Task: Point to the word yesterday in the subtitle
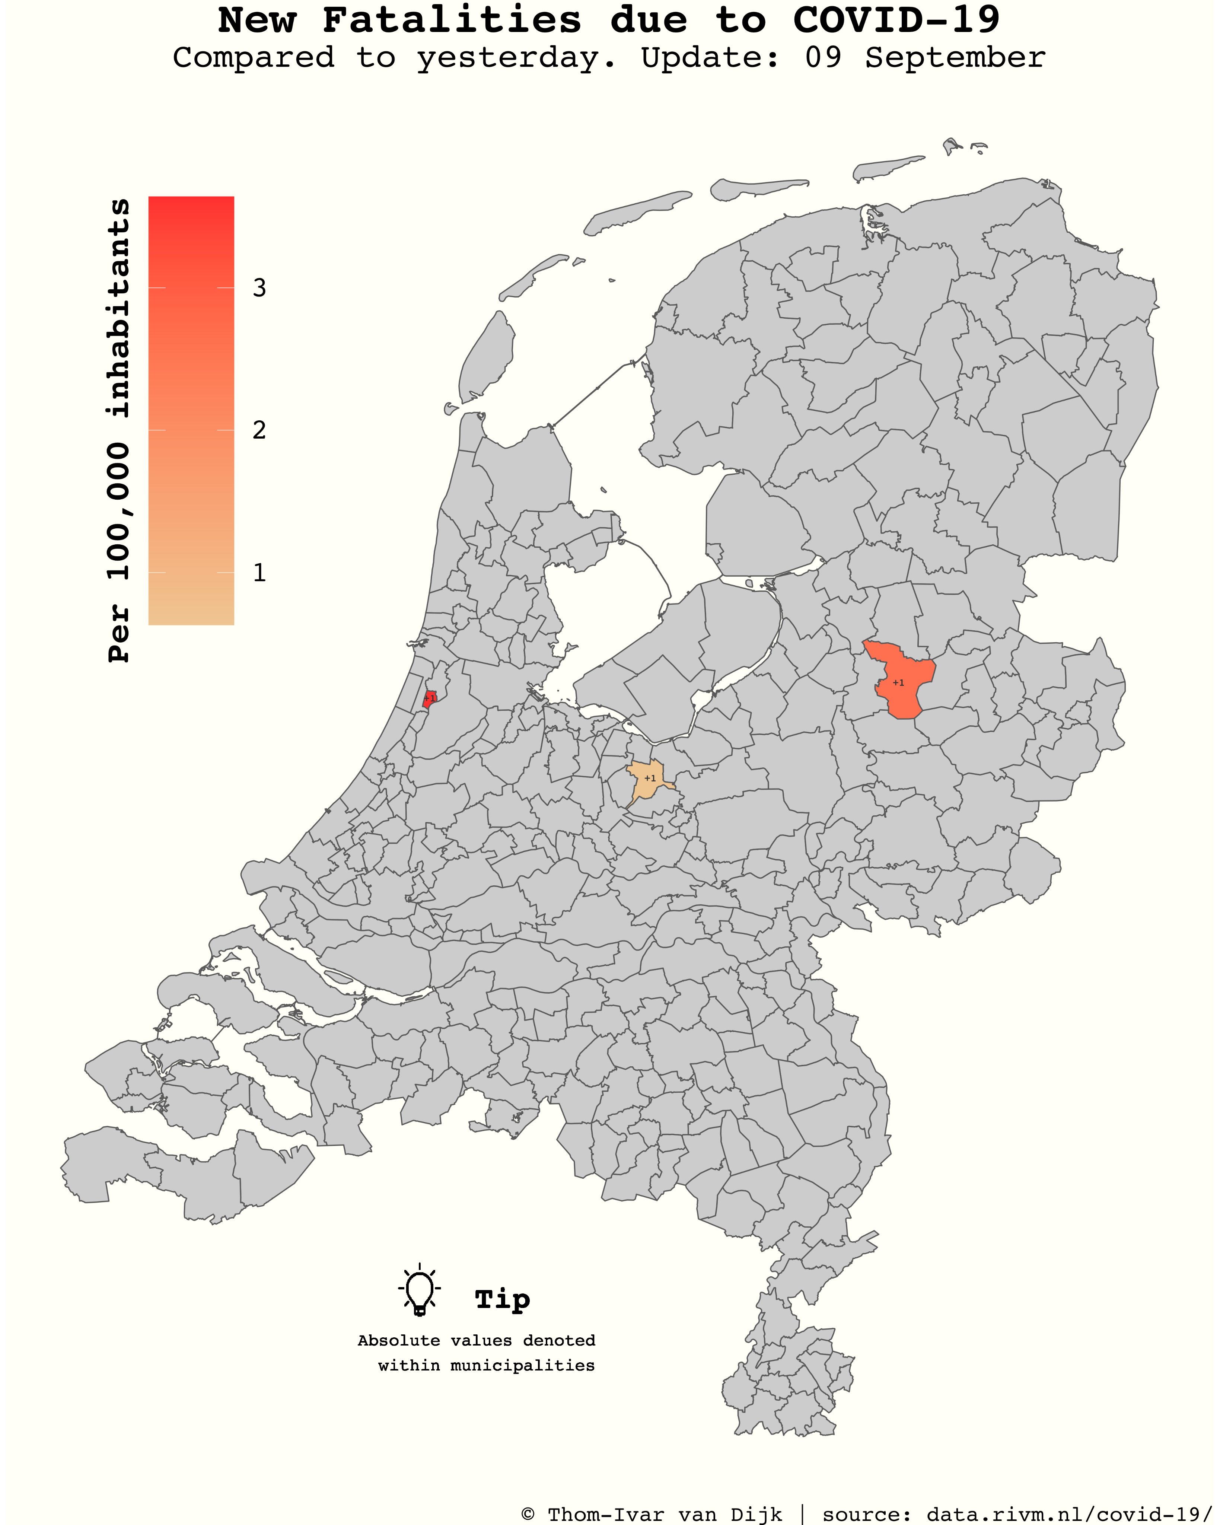(516, 58)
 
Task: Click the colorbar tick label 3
(259, 288)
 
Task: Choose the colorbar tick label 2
(259, 430)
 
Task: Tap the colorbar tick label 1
(259, 572)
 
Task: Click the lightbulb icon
(420, 1292)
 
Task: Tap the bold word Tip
(502, 1299)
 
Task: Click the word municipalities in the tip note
(523, 1366)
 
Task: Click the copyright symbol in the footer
(528, 1515)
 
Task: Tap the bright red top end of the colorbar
(191, 205)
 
